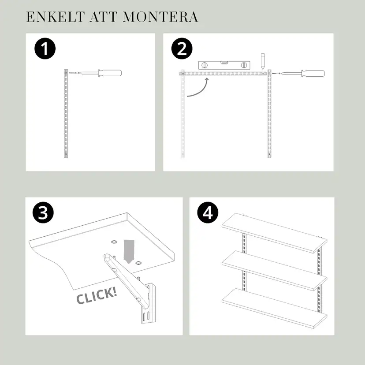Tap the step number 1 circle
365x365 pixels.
point(45,49)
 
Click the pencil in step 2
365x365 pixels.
point(262,61)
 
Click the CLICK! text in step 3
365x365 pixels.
point(97,295)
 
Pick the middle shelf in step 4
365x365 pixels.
point(273,270)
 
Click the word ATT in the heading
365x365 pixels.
point(104,17)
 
